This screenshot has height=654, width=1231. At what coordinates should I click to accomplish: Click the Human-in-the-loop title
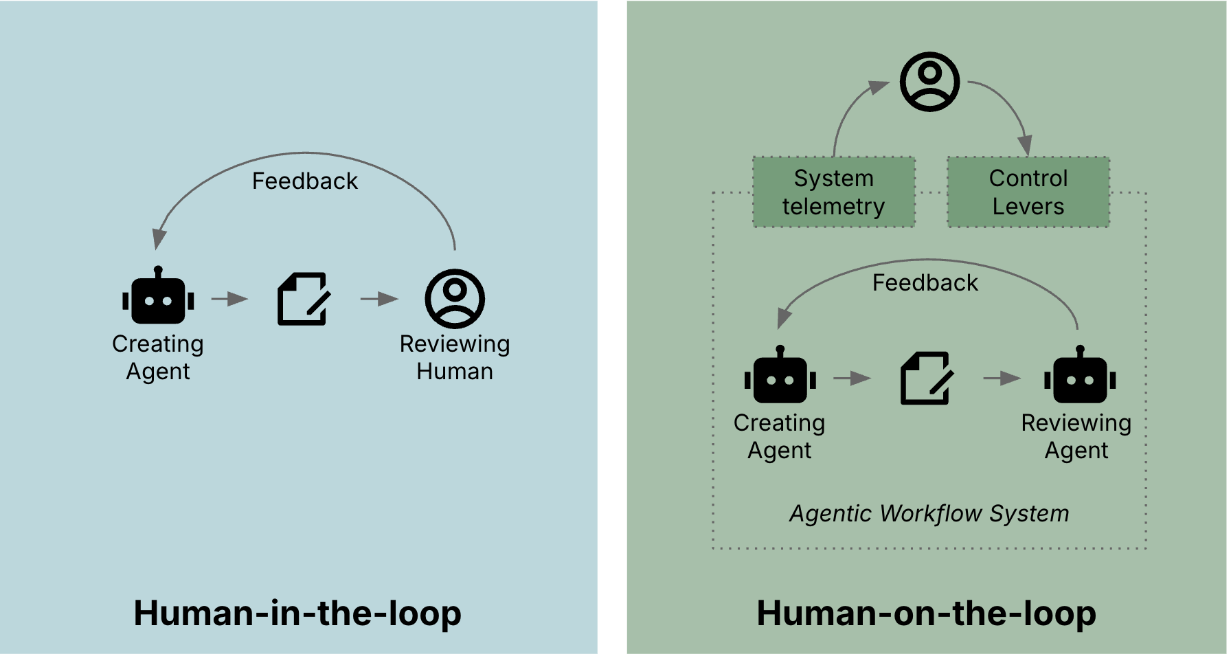pyautogui.click(x=297, y=613)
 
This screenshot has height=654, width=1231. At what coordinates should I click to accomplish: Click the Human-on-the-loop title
pyautogui.click(x=926, y=613)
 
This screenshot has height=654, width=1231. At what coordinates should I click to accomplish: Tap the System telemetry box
pyautogui.click(x=834, y=192)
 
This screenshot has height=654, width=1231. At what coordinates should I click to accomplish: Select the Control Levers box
pyautogui.click(x=1028, y=192)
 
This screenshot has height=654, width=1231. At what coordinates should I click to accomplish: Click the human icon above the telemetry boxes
pyautogui.click(x=929, y=82)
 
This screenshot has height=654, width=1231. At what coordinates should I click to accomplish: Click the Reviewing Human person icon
pyautogui.click(x=455, y=299)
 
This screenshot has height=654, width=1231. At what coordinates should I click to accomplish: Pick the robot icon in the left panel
pyautogui.click(x=158, y=297)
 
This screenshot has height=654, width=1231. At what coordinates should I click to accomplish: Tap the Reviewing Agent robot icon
pyautogui.click(x=1080, y=376)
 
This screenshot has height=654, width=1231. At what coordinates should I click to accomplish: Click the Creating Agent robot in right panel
pyautogui.click(x=780, y=376)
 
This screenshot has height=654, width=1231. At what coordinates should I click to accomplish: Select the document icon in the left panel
pyautogui.click(x=303, y=299)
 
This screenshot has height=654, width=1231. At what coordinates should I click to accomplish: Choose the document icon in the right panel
pyautogui.click(x=926, y=378)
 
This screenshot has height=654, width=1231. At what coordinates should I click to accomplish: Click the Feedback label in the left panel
pyautogui.click(x=304, y=181)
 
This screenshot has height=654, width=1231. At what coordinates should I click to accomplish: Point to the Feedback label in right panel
pyautogui.click(x=925, y=283)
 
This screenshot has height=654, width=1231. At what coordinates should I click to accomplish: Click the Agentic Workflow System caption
pyautogui.click(x=929, y=513)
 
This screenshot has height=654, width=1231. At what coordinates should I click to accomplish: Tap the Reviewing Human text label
pyautogui.click(x=455, y=357)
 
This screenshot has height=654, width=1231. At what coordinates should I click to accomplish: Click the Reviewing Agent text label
pyautogui.click(x=1076, y=436)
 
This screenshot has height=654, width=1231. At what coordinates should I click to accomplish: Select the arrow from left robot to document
pyautogui.click(x=229, y=299)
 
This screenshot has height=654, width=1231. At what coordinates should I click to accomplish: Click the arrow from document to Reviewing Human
pyautogui.click(x=379, y=299)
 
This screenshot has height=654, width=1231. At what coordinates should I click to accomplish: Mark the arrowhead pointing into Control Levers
pyautogui.click(x=1025, y=146)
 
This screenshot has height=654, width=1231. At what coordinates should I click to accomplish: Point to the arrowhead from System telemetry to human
pyautogui.click(x=879, y=87)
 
